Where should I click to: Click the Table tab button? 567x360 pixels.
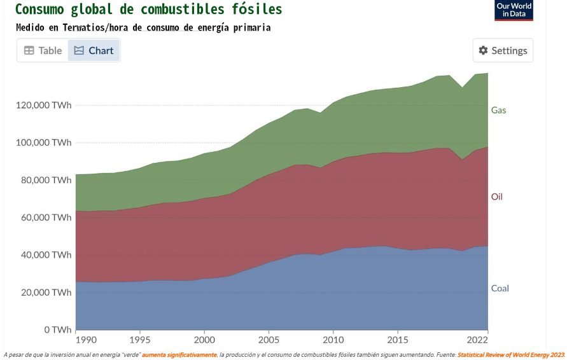tap(43, 50)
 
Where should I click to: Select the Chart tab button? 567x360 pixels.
tap(94, 50)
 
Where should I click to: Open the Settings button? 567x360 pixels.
tap(503, 50)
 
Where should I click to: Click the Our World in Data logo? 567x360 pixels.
tap(514, 10)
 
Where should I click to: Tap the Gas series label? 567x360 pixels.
tap(498, 110)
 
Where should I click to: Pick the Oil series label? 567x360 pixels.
tap(496, 197)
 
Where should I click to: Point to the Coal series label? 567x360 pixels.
tap(500, 288)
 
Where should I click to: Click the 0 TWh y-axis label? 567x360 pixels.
tap(58, 329)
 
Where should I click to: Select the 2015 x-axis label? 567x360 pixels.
tap(397, 339)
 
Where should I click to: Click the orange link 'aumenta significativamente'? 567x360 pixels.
tap(179, 354)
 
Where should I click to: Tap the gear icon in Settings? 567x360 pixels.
tap(483, 50)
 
